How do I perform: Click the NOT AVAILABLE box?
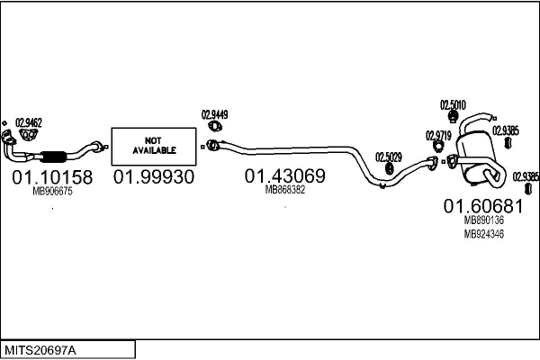coord(154,147)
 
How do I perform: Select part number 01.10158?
coord(52,177)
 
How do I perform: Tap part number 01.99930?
coord(154,177)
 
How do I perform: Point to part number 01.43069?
coord(284,176)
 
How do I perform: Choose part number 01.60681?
coord(483,206)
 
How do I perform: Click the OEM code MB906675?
coord(52,191)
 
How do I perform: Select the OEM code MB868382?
coord(284,190)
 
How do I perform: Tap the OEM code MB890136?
coord(483,220)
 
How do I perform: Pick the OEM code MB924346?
coord(483,234)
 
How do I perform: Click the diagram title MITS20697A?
coord(40,351)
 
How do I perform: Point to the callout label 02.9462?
coord(29,122)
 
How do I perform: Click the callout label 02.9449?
coord(214,114)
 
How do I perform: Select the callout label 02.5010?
coord(453,104)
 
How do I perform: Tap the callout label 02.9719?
coord(438,135)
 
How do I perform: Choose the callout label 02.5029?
coord(389,157)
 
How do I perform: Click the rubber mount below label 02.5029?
coord(389,169)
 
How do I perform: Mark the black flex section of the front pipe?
coord(53,157)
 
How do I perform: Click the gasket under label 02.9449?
coord(215,126)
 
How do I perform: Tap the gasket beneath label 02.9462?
coord(28,135)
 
